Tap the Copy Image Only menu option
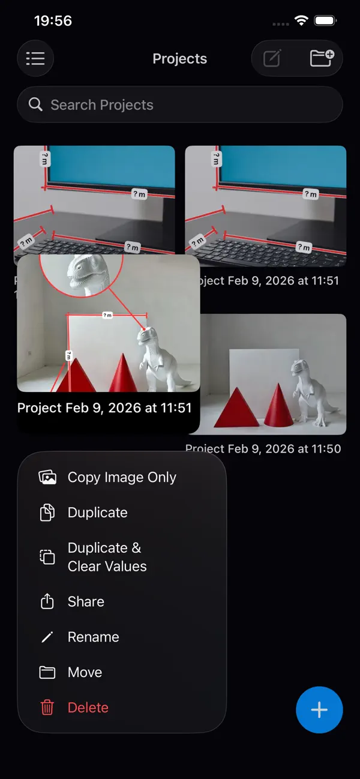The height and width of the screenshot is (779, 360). tap(122, 477)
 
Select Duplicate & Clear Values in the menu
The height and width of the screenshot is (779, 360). tap(107, 557)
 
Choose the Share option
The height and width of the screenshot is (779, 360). tap(86, 601)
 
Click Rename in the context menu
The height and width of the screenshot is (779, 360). tap(93, 637)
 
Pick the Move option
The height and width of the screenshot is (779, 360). tap(85, 672)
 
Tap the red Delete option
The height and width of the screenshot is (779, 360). tap(88, 708)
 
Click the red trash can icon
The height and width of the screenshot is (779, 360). tap(47, 708)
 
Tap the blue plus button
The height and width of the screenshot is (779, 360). tap(319, 710)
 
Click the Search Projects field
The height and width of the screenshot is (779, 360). tap(180, 105)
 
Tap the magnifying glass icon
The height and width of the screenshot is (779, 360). tap(36, 104)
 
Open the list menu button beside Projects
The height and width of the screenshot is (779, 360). tap(35, 58)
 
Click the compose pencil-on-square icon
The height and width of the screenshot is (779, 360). tap(272, 58)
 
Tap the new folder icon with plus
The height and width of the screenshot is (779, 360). tap(322, 58)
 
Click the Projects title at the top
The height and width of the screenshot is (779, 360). tap(179, 59)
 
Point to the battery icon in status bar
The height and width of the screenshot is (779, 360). tap(325, 21)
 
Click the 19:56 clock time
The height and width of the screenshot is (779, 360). tap(53, 21)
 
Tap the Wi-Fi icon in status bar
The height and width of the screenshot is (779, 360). tap(301, 21)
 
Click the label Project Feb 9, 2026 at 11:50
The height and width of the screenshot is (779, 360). tap(263, 448)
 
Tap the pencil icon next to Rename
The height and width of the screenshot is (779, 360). tap(47, 637)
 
